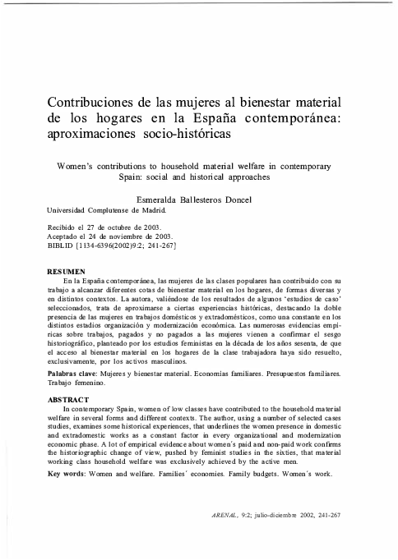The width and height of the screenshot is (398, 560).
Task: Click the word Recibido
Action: click(63, 226)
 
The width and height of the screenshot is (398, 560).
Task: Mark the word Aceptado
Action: click(64, 235)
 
